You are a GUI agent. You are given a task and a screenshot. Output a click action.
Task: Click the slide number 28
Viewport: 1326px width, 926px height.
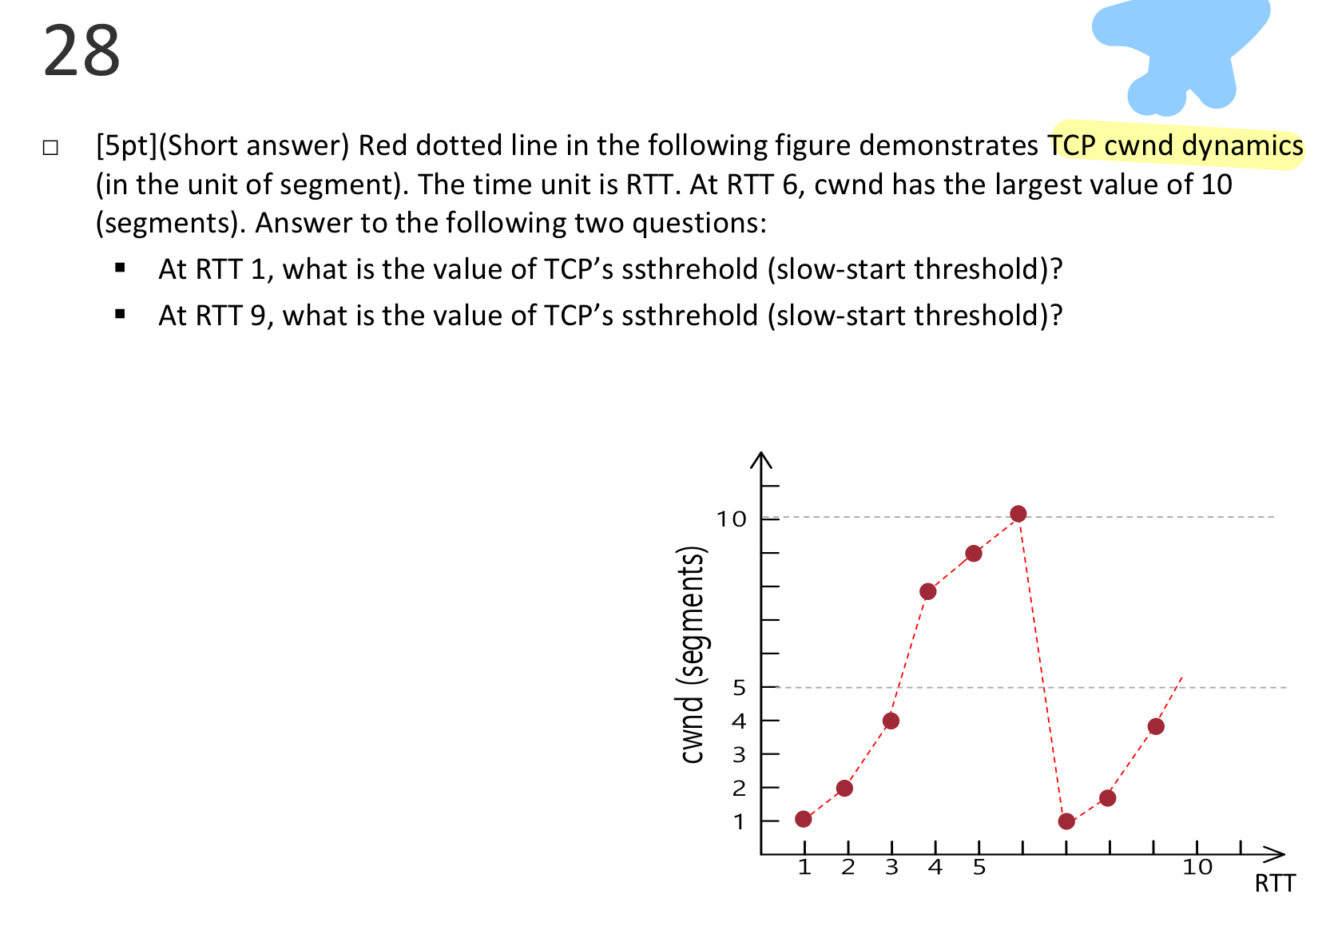coord(81,51)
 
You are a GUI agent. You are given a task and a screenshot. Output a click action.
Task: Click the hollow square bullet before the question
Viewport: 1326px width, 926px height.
coord(50,147)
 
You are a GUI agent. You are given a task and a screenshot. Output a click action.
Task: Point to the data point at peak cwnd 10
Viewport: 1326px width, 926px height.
coord(1018,514)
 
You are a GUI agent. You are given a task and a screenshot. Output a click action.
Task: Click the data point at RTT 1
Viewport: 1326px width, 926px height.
coord(804,819)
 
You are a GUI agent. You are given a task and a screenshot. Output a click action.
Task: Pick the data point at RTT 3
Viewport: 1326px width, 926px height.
coord(891,721)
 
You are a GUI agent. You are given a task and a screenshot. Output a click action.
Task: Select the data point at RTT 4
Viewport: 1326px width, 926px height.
coord(927,591)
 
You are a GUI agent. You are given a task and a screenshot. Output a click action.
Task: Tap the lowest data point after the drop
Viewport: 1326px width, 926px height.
coord(1066,821)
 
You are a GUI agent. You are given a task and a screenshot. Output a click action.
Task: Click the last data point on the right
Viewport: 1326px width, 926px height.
coord(1156,726)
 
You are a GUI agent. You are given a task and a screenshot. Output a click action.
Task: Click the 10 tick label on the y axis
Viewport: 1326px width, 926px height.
coord(731,519)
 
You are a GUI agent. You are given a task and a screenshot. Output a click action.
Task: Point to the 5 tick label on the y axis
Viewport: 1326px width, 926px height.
coord(739,687)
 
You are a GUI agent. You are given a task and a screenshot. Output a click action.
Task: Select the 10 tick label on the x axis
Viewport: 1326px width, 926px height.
coord(1197,868)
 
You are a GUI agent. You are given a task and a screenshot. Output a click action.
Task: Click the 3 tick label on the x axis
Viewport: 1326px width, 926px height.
coord(891,868)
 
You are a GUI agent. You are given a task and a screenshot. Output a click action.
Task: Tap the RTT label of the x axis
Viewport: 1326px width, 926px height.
coord(1274,884)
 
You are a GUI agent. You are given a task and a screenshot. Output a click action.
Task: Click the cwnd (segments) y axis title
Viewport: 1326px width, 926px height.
coord(692,654)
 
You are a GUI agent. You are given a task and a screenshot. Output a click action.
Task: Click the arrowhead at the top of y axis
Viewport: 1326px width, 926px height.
coord(761,459)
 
